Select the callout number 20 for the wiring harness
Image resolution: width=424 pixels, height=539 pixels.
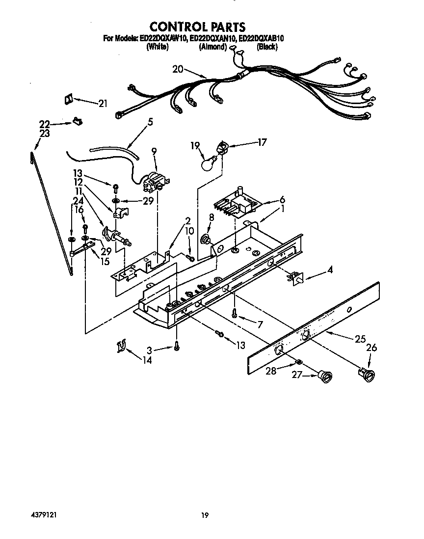coord(178,69)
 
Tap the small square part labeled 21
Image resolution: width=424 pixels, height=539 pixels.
coord(68,99)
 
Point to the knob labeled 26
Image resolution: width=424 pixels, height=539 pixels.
coord(366,375)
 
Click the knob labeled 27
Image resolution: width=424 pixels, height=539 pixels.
coord(324,377)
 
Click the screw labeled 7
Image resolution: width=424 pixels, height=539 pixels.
coord(235,314)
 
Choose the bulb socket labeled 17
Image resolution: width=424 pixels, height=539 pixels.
coord(223,147)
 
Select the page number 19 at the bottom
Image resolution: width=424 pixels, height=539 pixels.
coord(205,515)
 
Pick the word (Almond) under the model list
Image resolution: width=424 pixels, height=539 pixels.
coord(212,47)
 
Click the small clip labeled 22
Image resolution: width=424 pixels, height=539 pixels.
coord(76,120)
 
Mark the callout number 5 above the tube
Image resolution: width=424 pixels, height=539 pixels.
coord(150,122)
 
